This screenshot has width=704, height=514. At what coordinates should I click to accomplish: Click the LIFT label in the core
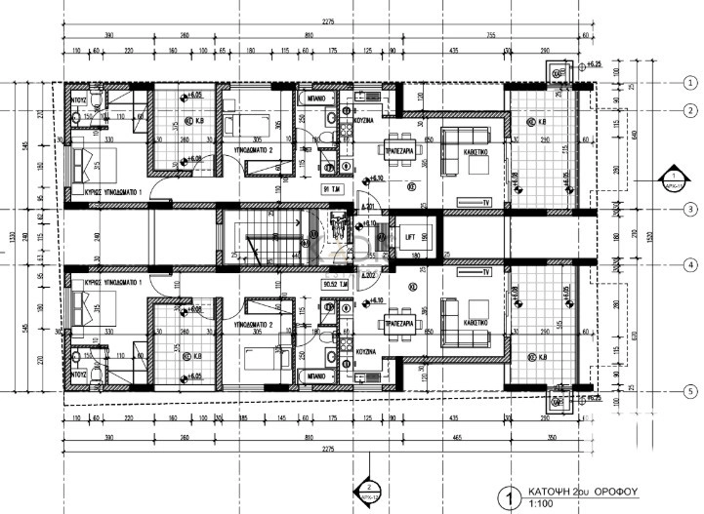point(410,235)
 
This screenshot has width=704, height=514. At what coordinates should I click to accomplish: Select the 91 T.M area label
point(332,189)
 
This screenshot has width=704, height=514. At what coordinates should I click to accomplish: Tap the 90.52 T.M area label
point(334,285)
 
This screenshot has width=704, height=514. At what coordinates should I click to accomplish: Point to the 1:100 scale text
point(539,505)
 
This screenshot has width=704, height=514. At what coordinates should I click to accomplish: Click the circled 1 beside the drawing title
point(505,496)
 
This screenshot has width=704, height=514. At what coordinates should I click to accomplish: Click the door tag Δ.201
point(368,207)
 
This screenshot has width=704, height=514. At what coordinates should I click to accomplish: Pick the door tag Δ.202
point(368,276)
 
